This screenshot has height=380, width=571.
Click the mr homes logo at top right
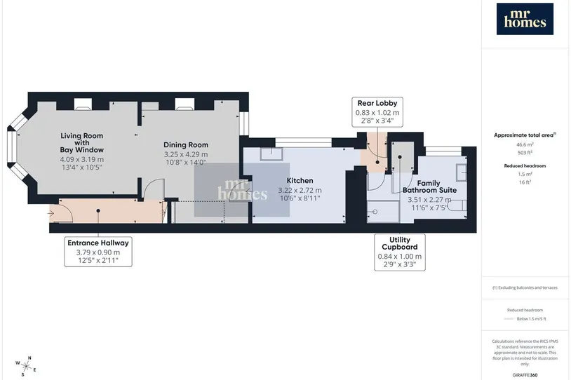[x=525, y=19]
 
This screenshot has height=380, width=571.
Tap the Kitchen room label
[x=300, y=181]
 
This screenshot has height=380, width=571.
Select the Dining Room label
[x=186, y=145]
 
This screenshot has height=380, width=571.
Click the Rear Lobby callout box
[x=377, y=111]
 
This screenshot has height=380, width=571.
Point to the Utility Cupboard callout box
[x=400, y=252]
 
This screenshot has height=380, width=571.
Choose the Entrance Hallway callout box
[x=98, y=252]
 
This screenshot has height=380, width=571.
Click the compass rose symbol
[x=26, y=366]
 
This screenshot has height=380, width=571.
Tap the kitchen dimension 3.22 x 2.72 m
[x=300, y=190]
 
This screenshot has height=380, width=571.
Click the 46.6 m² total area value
[x=525, y=144]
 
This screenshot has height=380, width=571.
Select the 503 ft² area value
[x=525, y=153]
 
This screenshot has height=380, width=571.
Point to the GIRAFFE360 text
[x=525, y=375]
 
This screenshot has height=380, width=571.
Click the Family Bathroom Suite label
[x=429, y=186]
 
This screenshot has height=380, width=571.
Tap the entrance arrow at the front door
[x=51, y=214]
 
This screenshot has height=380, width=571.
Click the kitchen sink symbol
[x=271, y=154]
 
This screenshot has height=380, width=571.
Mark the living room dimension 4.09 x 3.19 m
[x=81, y=159]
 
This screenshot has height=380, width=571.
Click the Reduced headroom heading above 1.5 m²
[x=525, y=165]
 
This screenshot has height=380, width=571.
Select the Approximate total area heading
[x=525, y=135]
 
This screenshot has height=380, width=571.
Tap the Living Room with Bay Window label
[x=82, y=143]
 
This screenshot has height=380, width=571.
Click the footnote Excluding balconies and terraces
[x=525, y=287]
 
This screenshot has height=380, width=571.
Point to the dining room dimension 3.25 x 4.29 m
[x=186, y=154]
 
